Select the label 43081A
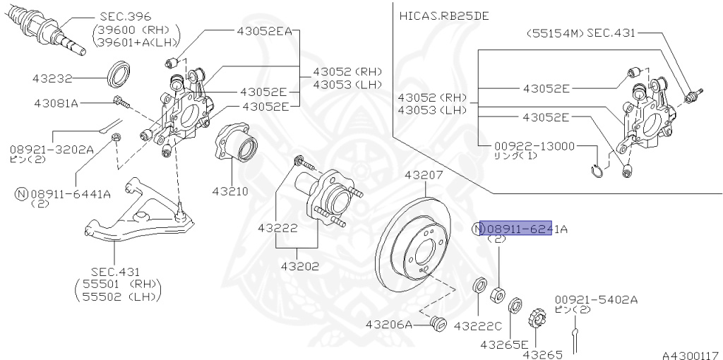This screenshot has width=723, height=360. pos(56,103)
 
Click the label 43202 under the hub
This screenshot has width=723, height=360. pos(299,267)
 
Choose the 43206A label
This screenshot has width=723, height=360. pos(388,325)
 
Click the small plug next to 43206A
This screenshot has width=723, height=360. pos(438,323)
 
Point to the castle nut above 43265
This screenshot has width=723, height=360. pos(537,318)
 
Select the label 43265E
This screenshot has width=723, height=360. pos(504,344)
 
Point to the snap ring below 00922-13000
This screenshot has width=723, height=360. pos(597,169)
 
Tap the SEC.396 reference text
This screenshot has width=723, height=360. pos(126,16)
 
